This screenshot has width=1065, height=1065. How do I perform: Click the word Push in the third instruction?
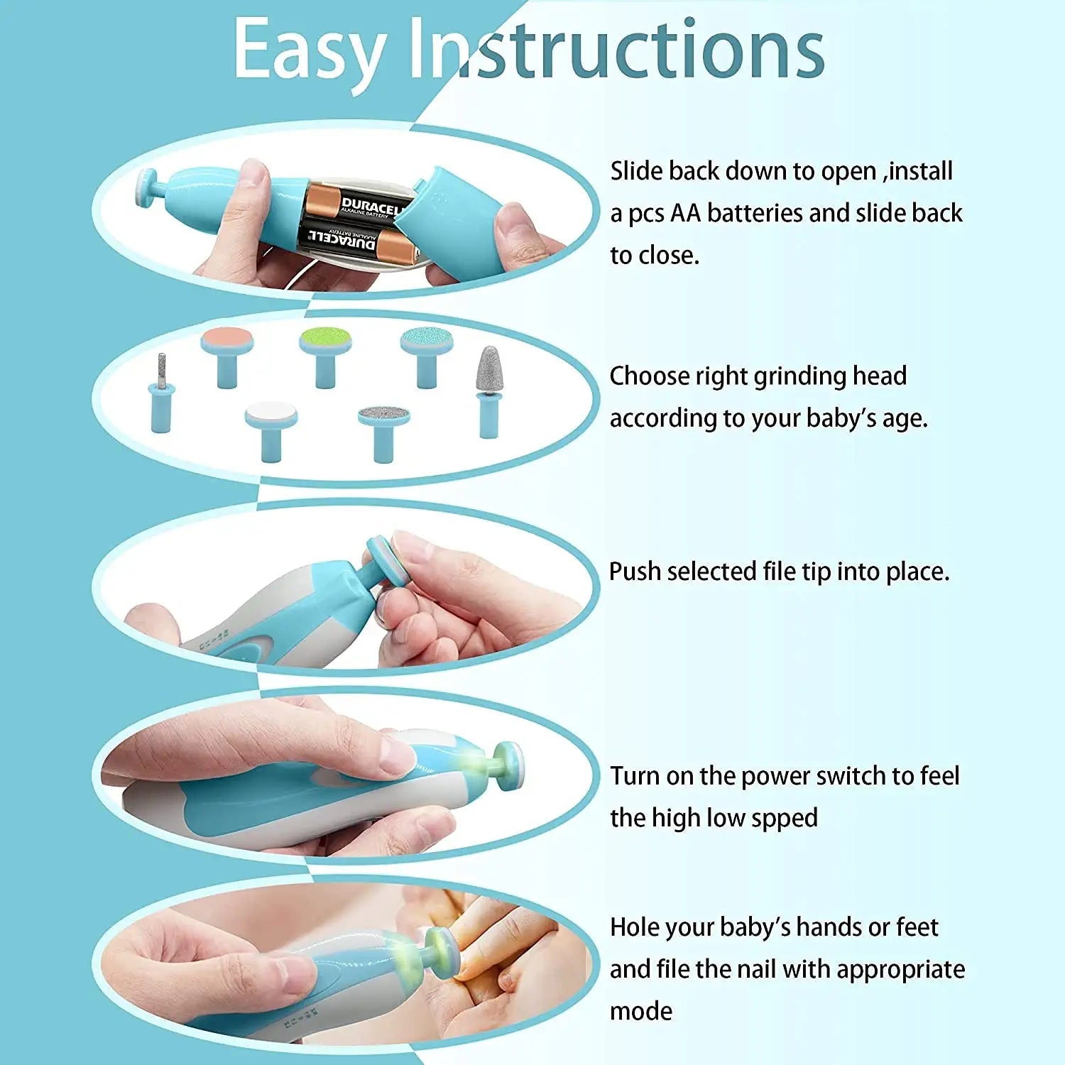pos(635,572)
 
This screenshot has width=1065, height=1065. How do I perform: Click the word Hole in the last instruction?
pos(635,927)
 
